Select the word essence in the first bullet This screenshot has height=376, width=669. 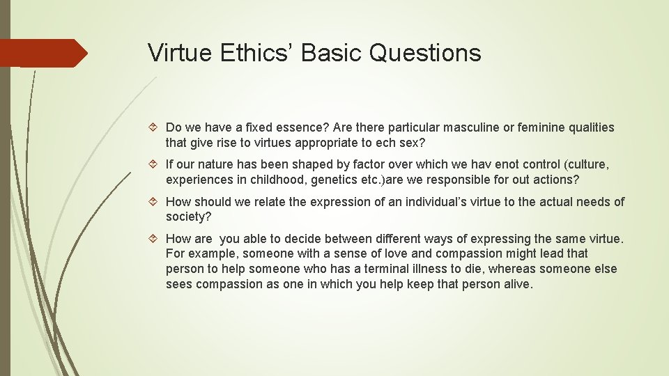(x=302, y=127)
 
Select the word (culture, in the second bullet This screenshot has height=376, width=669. (x=587, y=165)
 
